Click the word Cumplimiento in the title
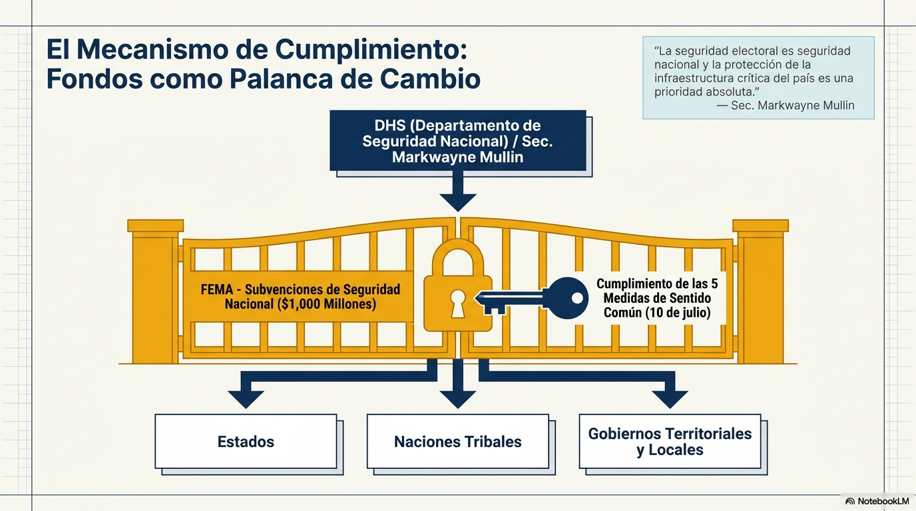(x=371, y=50)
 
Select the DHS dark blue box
(x=458, y=140)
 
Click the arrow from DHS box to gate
(x=458, y=191)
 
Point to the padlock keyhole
(x=457, y=303)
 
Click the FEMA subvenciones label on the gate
(x=300, y=297)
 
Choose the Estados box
(x=246, y=442)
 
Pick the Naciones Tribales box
(x=458, y=442)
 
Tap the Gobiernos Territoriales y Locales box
(x=670, y=442)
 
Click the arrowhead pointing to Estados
(x=246, y=399)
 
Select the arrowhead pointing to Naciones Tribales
(x=458, y=399)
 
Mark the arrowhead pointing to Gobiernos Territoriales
(x=670, y=399)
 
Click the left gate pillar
(x=155, y=291)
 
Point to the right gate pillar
(x=761, y=291)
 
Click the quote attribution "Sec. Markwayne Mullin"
(x=792, y=106)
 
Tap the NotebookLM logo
(x=877, y=501)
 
